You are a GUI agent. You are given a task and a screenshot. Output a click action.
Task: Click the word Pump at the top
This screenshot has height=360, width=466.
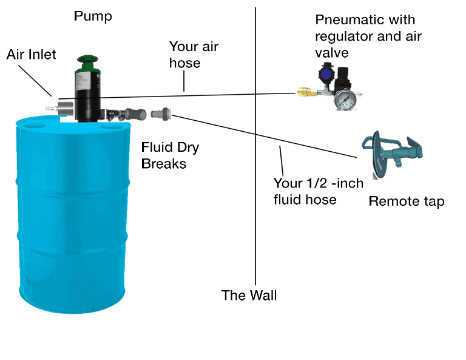[x=93, y=16]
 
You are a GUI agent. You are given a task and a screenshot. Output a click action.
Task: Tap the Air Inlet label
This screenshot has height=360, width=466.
[x=32, y=55]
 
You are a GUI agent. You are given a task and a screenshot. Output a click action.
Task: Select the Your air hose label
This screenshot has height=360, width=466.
[x=193, y=55]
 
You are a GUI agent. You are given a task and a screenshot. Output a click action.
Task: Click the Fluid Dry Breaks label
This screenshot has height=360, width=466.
[x=169, y=155]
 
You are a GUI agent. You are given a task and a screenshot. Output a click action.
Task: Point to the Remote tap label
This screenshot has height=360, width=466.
[x=406, y=202]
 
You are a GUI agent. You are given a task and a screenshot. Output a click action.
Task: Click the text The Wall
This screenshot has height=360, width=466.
[x=249, y=296]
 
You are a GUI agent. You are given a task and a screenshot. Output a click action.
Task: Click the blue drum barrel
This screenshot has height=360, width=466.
[x=73, y=212]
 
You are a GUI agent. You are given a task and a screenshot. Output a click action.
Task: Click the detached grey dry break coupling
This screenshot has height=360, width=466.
[x=161, y=113]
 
